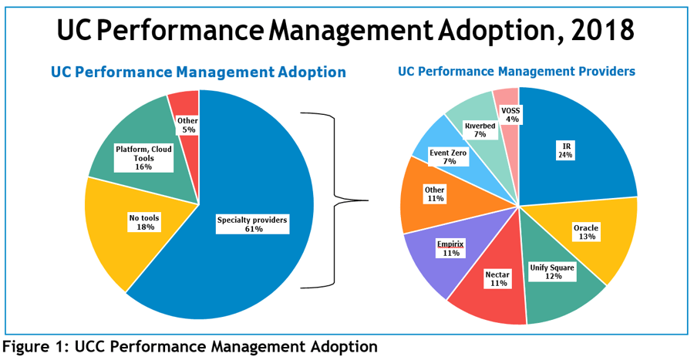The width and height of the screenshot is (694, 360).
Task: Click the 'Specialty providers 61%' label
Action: pyautogui.click(x=252, y=224)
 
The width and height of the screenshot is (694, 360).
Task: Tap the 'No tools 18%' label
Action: pyautogui.click(x=144, y=223)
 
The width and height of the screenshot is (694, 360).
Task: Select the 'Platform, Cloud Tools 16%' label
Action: pyautogui.click(x=143, y=157)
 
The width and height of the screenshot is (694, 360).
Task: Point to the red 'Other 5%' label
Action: pyautogui.click(x=187, y=125)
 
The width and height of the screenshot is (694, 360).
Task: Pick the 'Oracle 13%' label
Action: pyautogui.click(x=586, y=233)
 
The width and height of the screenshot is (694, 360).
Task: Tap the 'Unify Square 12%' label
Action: pyautogui.click(x=551, y=272)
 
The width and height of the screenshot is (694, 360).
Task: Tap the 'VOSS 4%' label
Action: pyautogui.click(x=510, y=115)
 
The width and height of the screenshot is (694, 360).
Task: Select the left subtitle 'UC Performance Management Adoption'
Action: pyautogui.click(x=198, y=72)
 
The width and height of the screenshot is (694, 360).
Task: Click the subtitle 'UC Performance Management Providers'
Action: pyautogui.click(x=517, y=71)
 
